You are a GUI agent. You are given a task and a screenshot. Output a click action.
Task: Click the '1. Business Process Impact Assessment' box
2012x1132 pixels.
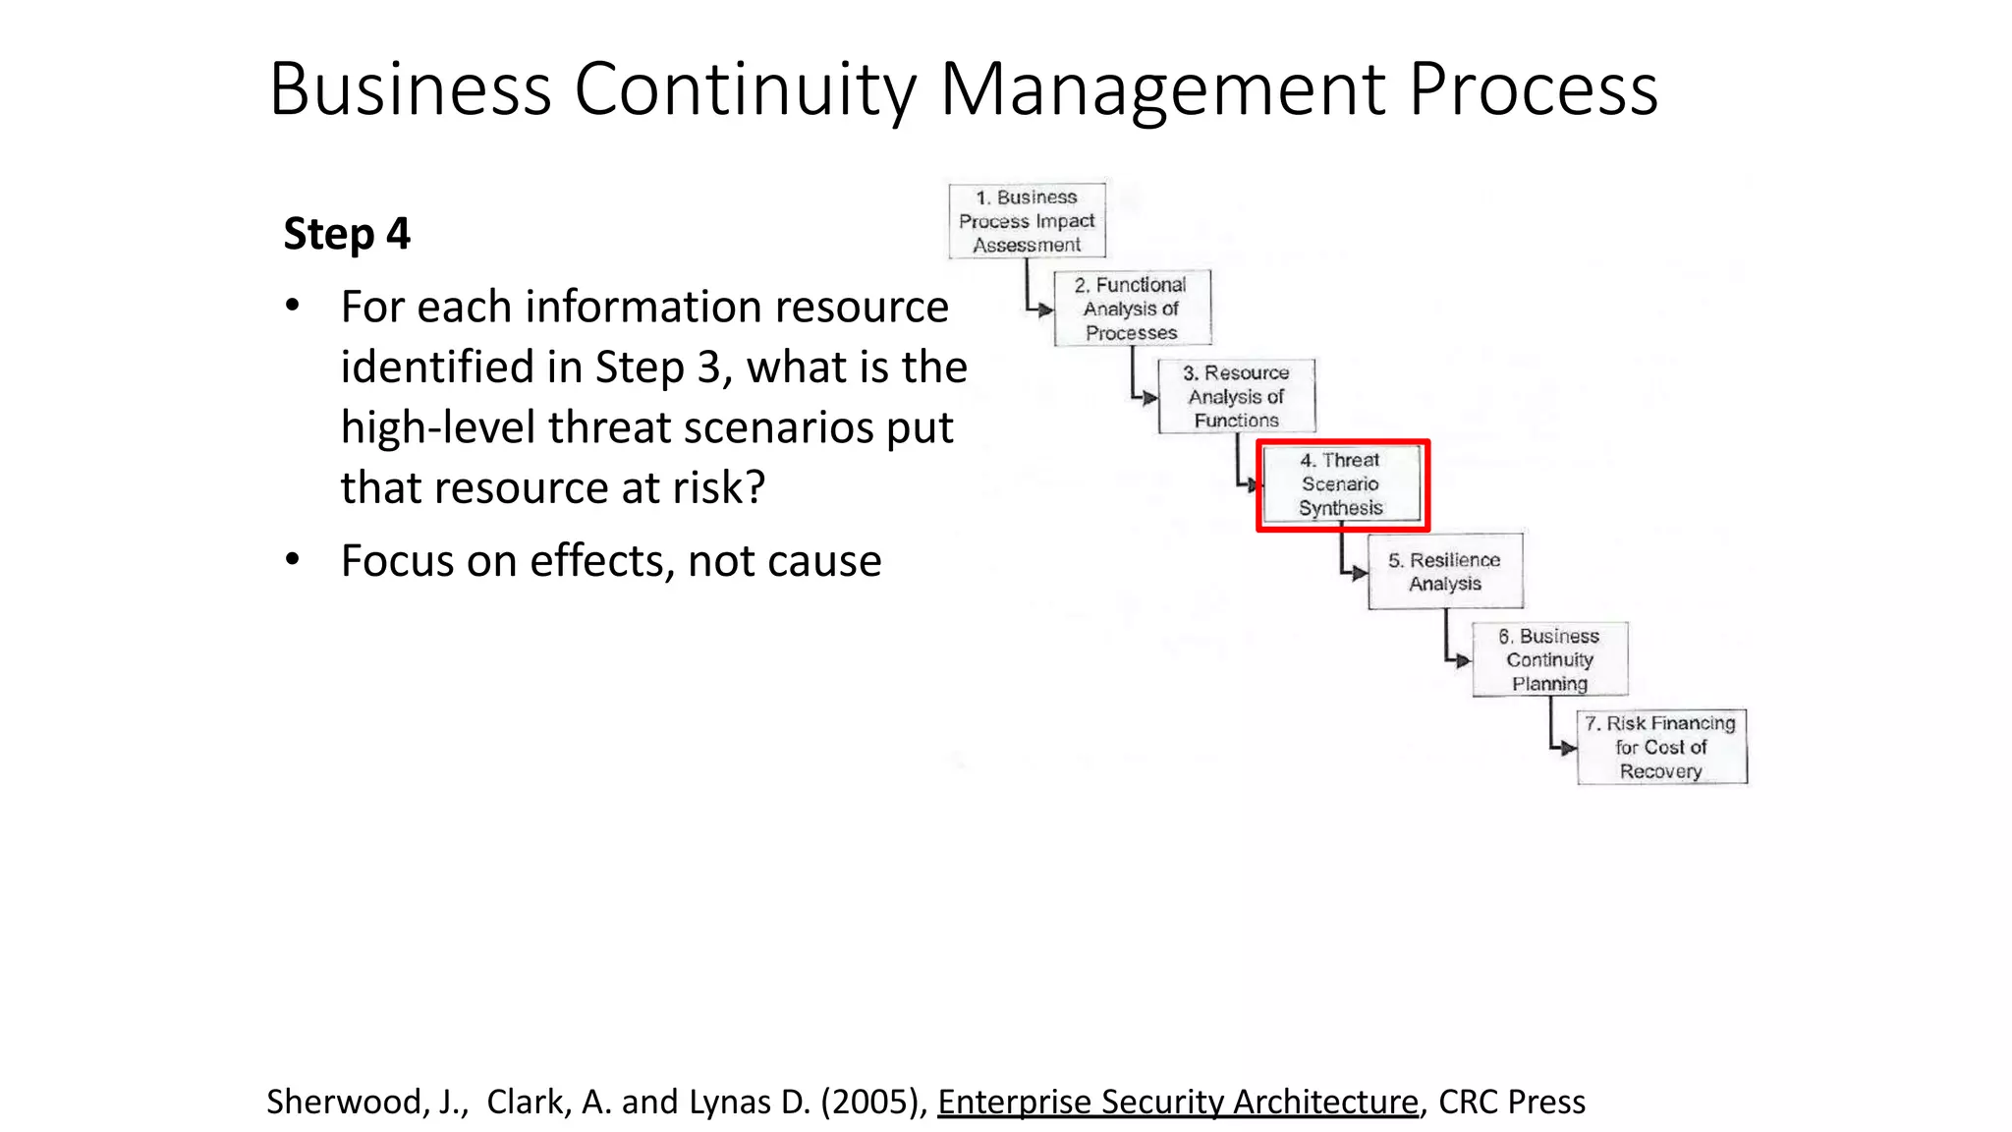[x=1027, y=221]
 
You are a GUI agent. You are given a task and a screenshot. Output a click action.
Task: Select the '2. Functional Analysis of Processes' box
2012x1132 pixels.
[x=1132, y=309]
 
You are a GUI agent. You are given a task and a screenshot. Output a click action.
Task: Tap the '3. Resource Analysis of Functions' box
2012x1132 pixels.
[x=1236, y=397]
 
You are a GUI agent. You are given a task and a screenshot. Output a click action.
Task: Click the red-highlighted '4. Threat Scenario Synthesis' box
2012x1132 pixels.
[x=1342, y=484]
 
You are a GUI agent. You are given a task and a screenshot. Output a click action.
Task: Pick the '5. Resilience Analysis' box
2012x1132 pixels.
[x=1445, y=572]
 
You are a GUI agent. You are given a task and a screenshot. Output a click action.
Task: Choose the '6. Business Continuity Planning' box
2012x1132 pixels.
[x=1549, y=659]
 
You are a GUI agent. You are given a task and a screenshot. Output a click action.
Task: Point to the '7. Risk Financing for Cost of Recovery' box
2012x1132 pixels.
[x=1661, y=747]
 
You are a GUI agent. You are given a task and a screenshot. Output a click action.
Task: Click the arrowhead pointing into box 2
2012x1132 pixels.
[x=1046, y=310]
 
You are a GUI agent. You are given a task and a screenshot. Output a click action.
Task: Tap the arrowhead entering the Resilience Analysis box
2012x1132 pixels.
[x=1361, y=573]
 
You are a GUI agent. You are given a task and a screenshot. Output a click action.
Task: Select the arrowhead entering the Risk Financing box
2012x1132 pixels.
[x=1570, y=748]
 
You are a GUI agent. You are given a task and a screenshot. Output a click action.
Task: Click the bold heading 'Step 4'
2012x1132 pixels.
[x=347, y=234]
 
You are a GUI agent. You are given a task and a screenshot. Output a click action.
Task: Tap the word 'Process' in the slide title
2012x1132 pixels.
[x=1533, y=89]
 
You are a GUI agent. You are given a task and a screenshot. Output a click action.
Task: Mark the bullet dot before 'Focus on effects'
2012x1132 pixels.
[x=292, y=560]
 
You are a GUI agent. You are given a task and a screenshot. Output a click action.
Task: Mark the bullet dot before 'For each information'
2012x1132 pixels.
[x=292, y=306]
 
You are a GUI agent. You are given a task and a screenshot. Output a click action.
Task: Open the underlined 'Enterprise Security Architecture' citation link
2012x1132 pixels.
[x=1177, y=1102]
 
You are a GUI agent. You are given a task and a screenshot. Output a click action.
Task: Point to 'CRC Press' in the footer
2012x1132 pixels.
[x=1511, y=1102]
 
